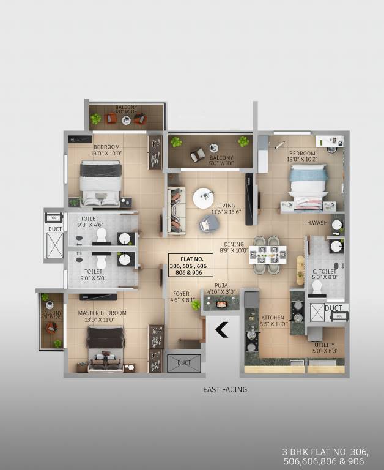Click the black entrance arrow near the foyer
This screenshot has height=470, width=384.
pos(221,330)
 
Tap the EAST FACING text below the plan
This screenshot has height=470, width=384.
pos(225,389)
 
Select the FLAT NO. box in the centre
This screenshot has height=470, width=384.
pos(191,265)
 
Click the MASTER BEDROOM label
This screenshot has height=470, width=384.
pos(102,316)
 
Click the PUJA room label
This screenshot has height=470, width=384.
pos(221,289)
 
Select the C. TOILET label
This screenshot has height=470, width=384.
pos(324,274)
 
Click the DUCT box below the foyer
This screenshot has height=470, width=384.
pos(183,363)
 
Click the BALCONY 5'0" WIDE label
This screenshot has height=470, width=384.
pos(221,160)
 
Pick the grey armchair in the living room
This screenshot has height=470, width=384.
pos(208,224)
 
